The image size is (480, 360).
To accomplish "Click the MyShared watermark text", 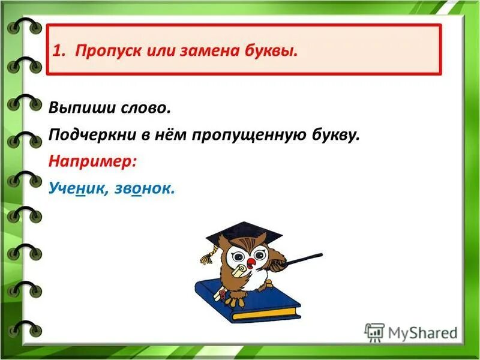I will (420, 332).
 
